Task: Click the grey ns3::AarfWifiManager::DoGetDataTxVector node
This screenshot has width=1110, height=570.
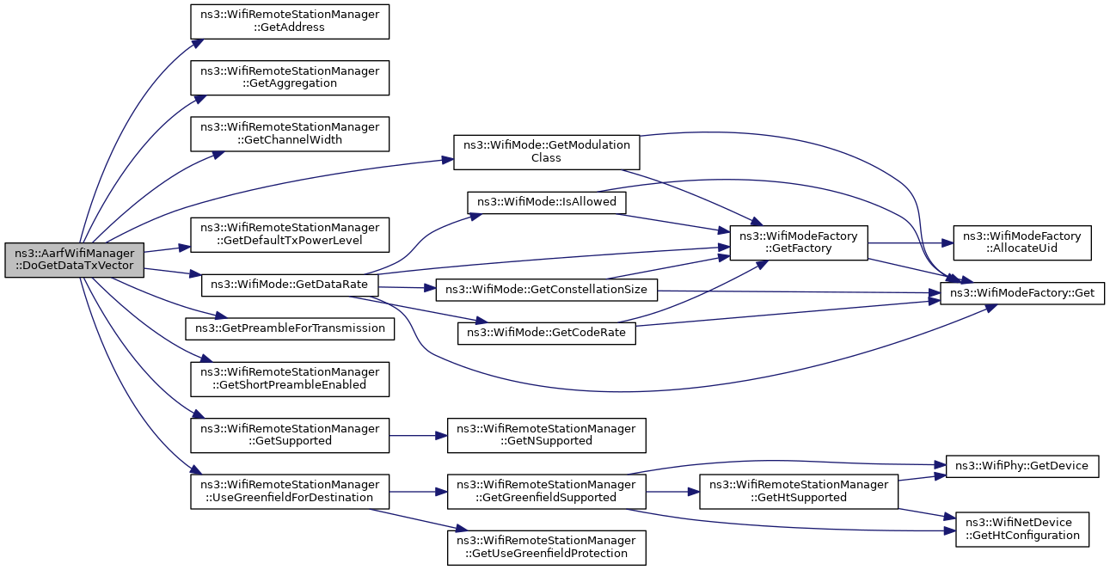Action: (74, 260)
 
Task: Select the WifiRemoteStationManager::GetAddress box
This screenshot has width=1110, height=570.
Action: (290, 21)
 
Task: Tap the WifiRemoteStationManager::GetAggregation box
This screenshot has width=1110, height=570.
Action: (290, 78)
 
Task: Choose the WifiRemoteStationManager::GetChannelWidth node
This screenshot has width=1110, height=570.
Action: (290, 134)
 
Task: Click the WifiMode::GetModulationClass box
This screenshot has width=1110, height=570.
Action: (547, 152)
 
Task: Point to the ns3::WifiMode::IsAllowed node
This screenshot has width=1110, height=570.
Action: (547, 203)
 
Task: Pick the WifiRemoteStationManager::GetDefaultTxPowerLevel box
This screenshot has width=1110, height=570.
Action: (290, 235)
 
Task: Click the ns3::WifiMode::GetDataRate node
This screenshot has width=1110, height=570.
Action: (290, 285)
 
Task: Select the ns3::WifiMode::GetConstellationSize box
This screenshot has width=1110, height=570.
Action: (547, 290)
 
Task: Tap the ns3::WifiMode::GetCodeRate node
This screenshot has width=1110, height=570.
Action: (547, 333)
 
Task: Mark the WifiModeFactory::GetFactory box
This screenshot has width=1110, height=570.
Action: (799, 242)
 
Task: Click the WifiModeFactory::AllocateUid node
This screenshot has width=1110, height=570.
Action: (1022, 242)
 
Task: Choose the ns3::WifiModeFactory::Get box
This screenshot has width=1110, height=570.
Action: (1022, 293)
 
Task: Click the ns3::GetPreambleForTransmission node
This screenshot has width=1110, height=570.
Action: (290, 328)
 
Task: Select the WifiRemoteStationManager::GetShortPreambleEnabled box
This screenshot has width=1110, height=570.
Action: (290, 379)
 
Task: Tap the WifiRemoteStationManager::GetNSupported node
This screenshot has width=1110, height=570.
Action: (547, 435)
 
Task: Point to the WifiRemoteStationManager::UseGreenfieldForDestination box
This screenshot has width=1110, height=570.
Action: (290, 492)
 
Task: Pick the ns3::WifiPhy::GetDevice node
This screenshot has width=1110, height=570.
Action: (1022, 467)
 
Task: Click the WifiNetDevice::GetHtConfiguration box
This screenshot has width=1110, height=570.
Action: (1022, 530)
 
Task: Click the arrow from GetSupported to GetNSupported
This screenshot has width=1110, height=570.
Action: (418, 436)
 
